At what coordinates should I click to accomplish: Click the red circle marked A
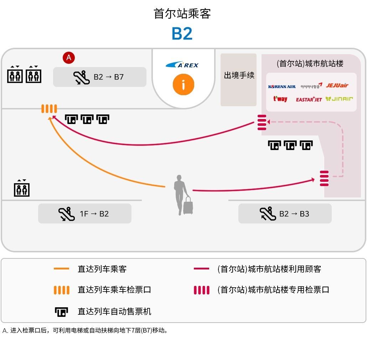pos(69,57)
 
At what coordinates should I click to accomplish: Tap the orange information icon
pos(183,85)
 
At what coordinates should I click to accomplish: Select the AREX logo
pos(182,65)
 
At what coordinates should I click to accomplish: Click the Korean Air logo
pos(281,87)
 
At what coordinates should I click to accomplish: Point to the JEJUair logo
pos(337,86)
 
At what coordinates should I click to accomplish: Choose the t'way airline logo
pos(280,99)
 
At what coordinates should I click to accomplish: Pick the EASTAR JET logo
pos(309,99)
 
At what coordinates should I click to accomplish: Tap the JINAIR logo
pos(339,99)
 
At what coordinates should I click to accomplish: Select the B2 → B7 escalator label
pos(100,77)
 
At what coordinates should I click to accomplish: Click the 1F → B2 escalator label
pos(85,214)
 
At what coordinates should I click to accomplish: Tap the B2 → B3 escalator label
pos(285,214)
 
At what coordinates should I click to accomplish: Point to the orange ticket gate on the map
pos(49,109)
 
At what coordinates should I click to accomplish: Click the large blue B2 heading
pos(182,34)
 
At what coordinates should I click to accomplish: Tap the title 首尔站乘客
pos(182,14)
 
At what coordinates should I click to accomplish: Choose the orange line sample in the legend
pos(61,269)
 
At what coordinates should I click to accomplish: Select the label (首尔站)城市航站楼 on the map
pos(310,64)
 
